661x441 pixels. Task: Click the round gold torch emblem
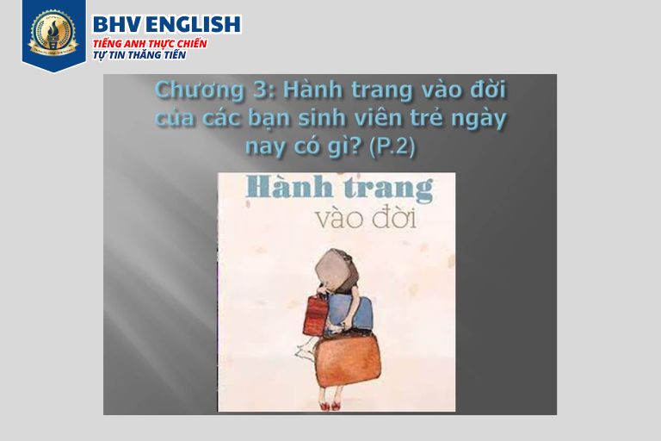pyautogui.click(x=53, y=34)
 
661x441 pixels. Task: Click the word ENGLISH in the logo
pyautogui.click(x=194, y=24)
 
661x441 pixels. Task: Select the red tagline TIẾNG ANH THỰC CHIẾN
pyautogui.click(x=150, y=43)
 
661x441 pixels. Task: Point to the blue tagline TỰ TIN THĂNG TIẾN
pyautogui.click(x=139, y=55)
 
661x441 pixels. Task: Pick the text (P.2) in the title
pyautogui.click(x=392, y=147)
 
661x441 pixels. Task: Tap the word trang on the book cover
pyautogui.click(x=389, y=189)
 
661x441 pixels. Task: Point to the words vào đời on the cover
pyautogui.click(x=366, y=219)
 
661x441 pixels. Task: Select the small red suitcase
pyautogui.click(x=315, y=314)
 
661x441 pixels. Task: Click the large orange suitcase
pyautogui.click(x=349, y=361)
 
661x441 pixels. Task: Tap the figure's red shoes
pyautogui.click(x=330, y=406)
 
